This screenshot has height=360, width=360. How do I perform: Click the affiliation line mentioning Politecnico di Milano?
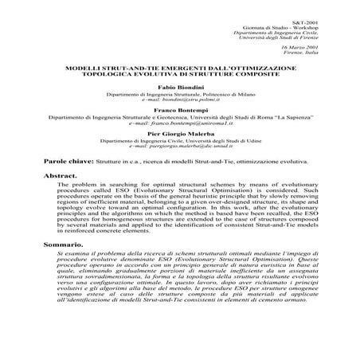coord(181,93)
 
